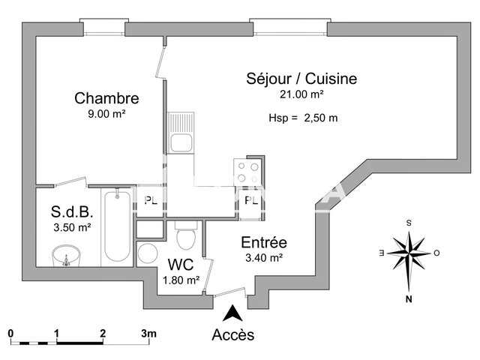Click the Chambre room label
[x=106, y=98]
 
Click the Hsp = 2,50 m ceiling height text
[x=303, y=118]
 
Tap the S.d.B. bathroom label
[x=71, y=211]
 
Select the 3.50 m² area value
[x=71, y=226]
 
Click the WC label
[x=181, y=265]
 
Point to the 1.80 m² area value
[x=181, y=280]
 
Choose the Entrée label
[x=263, y=242]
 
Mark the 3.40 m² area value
[x=263, y=258]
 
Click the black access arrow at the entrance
[x=234, y=312]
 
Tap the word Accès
[x=233, y=334]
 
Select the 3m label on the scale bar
[x=148, y=333]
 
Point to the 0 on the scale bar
[x=10, y=333]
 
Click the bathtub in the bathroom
[x=116, y=227]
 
